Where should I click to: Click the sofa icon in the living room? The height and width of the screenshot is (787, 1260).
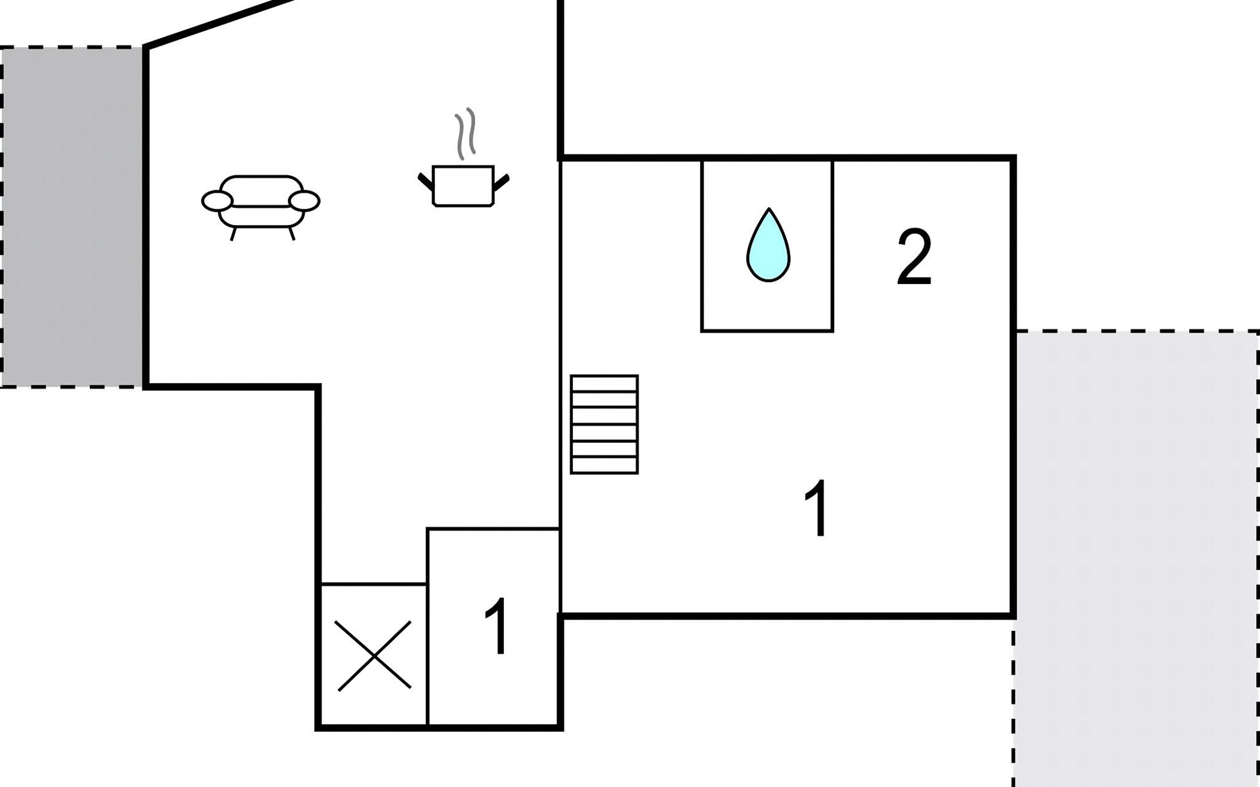click(x=261, y=203)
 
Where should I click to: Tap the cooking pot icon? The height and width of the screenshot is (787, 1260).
click(x=463, y=186)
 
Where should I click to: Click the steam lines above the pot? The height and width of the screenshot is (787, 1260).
click(x=465, y=134)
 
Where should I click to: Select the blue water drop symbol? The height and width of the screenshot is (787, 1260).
click(x=768, y=249)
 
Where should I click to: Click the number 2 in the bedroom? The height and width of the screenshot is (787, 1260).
click(x=914, y=257)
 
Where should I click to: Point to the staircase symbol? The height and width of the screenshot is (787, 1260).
click(x=604, y=424)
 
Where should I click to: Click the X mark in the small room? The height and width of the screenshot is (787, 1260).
click(x=374, y=656)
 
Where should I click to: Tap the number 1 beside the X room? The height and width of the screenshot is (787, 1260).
click(x=497, y=626)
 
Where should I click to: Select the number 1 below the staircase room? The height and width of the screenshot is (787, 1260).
click(x=817, y=508)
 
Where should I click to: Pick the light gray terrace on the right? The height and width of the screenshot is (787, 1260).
click(x=1135, y=557)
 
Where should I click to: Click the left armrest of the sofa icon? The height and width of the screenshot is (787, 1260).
click(x=217, y=201)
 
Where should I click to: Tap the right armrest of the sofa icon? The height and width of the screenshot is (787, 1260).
click(x=304, y=201)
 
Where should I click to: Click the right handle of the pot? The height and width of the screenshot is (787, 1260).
click(x=501, y=182)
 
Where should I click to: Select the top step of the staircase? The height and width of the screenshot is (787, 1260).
click(x=604, y=384)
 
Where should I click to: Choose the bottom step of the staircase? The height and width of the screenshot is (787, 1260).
click(x=604, y=466)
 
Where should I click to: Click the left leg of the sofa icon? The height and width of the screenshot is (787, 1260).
click(x=233, y=234)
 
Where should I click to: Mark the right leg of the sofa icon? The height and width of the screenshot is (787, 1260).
click(x=291, y=233)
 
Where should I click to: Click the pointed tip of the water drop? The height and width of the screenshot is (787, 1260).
click(x=768, y=211)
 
